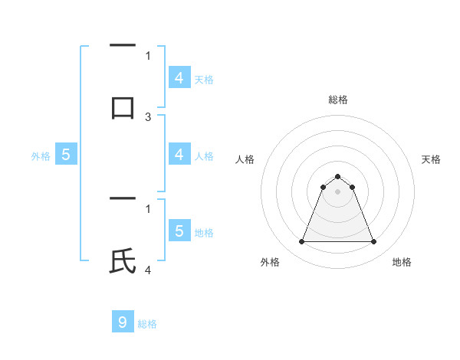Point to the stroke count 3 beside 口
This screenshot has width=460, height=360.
pyautogui.click(x=148, y=117)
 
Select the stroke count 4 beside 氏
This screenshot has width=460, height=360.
pyautogui.click(x=148, y=270)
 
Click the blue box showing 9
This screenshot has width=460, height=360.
pyautogui.click(x=123, y=322)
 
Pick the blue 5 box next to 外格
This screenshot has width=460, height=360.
pyautogui.click(x=66, y=155)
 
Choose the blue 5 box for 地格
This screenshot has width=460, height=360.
pyautogui.click(x=179, y=231)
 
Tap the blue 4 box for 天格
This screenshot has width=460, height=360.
pyautogui.click(x=179, y=77)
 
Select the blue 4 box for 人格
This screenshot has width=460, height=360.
pyautogui.click(x=179, y=155)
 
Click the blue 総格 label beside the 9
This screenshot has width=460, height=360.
pyautogui.click(x=147, y=324)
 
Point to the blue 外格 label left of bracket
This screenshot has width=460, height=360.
pyautogui.click(x=41, y=156)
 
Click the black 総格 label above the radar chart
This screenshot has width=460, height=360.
pyautogui.click(x=337, y=100)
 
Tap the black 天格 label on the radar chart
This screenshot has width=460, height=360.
pyautogui.click(x=431, y=159)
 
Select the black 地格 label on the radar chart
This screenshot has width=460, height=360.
pyautogui.click(x=402, y=262)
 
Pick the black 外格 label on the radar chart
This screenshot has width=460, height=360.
pyautogui.click(x=270, y=262)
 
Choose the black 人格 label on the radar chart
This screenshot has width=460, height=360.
pyautogui.click(x=244, y=159)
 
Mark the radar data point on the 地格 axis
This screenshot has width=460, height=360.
pyautogui.click(x=374, y=242)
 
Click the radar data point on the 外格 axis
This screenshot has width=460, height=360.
pyautogui.click(x=301, y=242)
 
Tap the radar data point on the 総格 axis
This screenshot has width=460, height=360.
pyautogui.click(x=337, y=176)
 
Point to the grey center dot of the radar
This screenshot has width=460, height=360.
pyautogui.click(x=337, y=191)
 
